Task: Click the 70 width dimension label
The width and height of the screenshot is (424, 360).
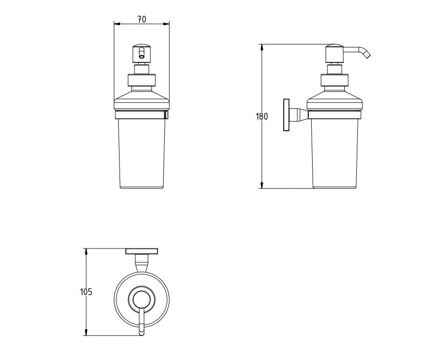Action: tap(142, 20)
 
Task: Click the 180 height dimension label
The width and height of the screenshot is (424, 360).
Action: tap(262, 116)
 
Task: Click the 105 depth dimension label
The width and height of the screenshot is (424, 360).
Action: tap(86, 292)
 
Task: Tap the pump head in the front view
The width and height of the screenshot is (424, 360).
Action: tap(141, 53)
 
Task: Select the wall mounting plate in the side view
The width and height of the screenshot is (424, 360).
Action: tap(287, 115)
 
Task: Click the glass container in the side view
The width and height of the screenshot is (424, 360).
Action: tap(334, 154)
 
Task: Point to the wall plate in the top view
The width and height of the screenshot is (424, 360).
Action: tap(142, 251)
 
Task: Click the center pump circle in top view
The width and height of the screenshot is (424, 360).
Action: tap(141, 300)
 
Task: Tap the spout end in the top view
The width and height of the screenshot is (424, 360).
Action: tap(141, 331)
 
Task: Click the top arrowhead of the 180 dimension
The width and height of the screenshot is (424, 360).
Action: tap(262, 47)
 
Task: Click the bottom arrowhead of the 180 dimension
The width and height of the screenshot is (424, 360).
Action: tap(262, 186)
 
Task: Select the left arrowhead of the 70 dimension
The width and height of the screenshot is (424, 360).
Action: tap(117, 23)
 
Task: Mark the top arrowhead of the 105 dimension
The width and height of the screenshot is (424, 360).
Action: tap(86, 251)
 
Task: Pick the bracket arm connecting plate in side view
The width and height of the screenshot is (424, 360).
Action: tap(300, 115)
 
